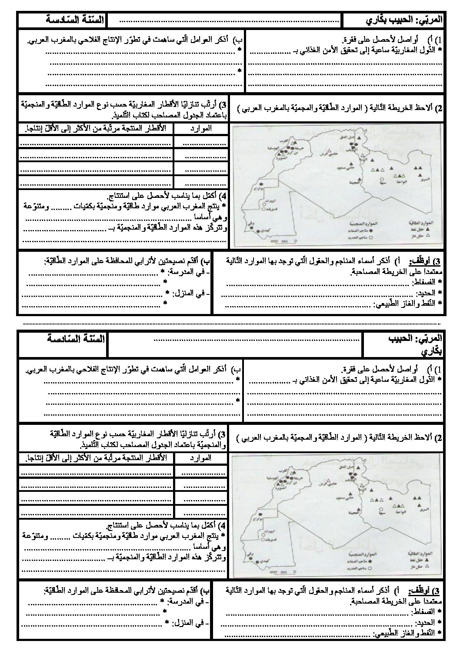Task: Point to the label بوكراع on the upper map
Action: tap(257, 190)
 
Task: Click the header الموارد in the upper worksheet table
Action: tap(201, 129)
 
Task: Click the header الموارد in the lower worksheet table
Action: tap(201, 458)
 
